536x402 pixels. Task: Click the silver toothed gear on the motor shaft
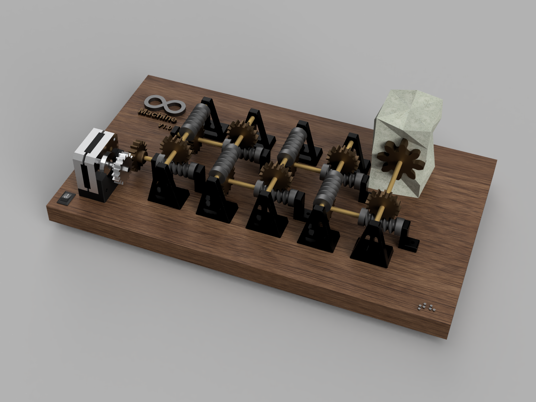(x=119, y=165)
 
